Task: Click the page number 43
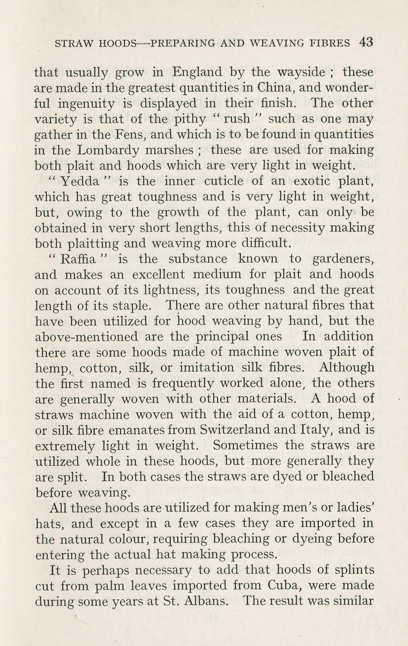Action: (x=366, y=42)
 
